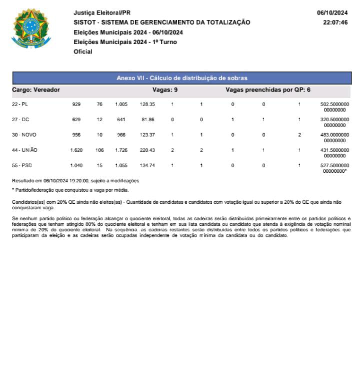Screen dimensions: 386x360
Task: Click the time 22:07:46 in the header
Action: [x=335, y=23]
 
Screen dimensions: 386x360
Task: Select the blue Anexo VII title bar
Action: [x=181, y=78]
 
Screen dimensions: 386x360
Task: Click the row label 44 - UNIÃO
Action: [x=23, y=150]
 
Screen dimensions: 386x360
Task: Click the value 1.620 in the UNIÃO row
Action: [x=76, y=150]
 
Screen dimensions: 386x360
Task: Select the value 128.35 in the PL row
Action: [x=147, y=104]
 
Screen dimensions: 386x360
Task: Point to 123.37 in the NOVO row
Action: [x=147, y=135]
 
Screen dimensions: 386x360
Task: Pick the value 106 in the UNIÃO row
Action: [x=99, y=150]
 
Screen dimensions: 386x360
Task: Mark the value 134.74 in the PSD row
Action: [x=147, y=165]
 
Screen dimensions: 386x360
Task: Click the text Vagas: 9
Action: [x=164, y=90]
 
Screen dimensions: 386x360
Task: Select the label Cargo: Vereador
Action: [x=35, y=90]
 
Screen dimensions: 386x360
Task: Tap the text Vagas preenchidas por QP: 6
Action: [x=268, y=90]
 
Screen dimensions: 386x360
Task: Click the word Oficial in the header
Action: [x=83, y=52]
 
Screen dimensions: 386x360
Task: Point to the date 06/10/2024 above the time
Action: [x=332, y=13]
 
